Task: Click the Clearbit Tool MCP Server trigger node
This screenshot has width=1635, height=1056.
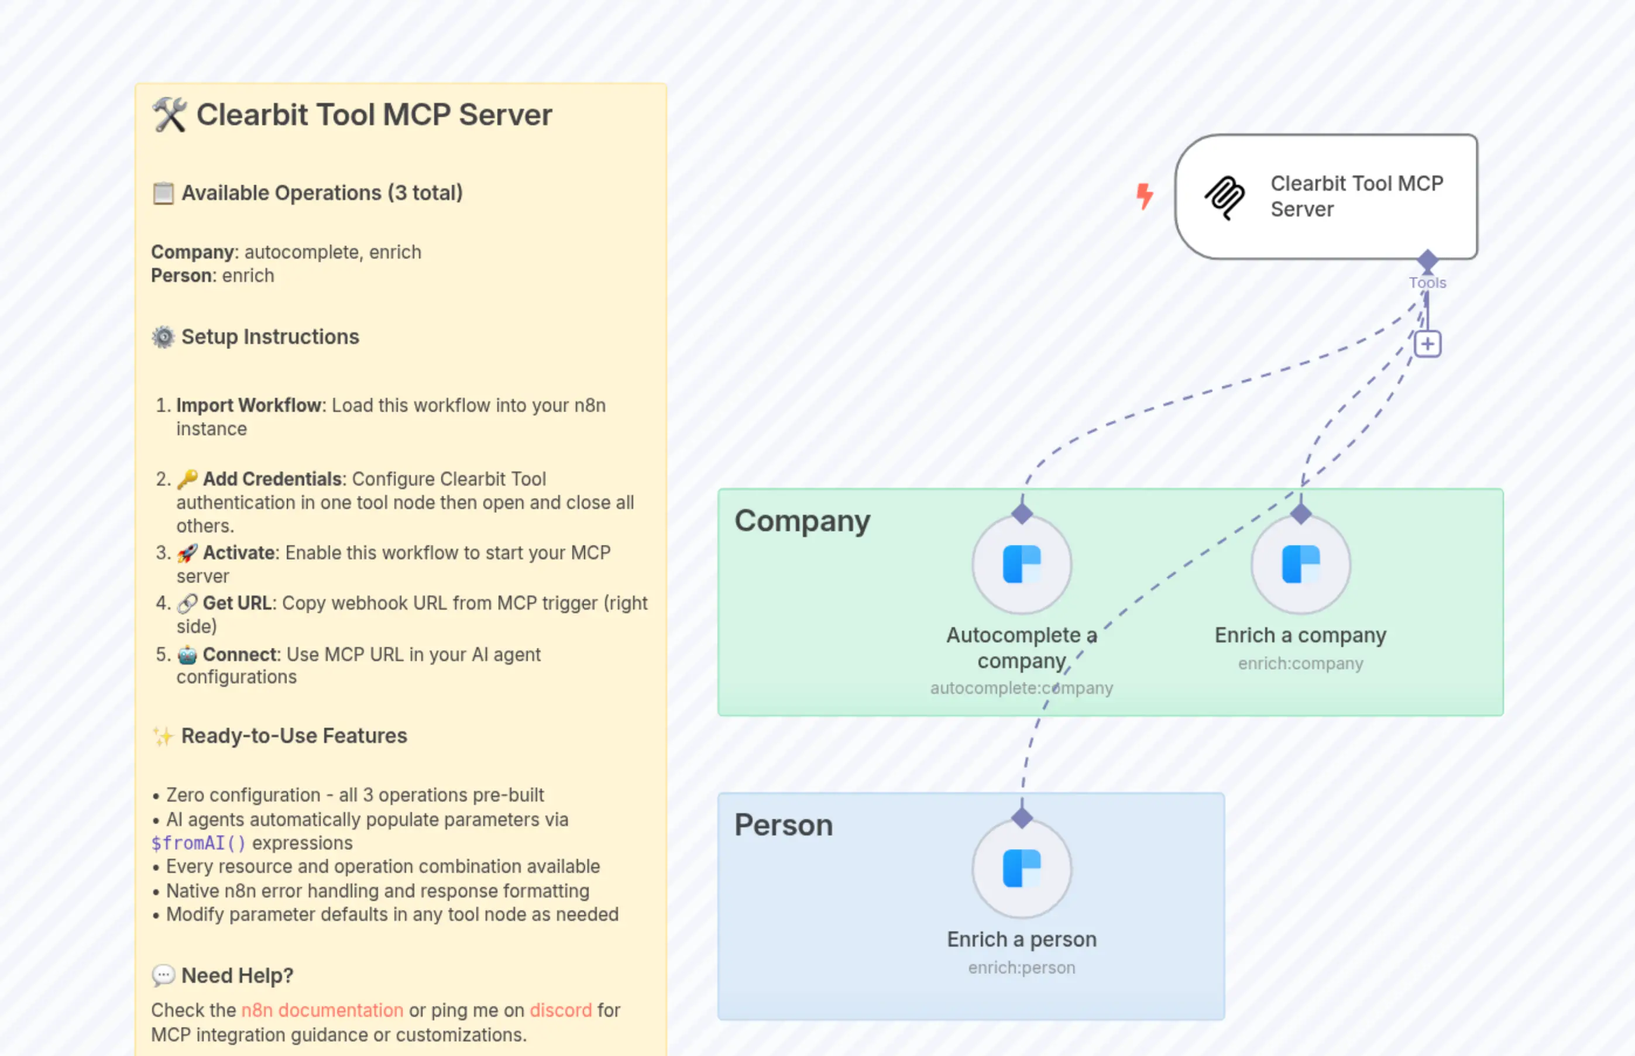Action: pyautogui.click(x=1325, y=197)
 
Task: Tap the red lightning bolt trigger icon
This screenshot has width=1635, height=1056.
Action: pyautogui.click(x=1144, y=196)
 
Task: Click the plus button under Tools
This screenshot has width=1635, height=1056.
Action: pyautogui.click(x=1427, y=344)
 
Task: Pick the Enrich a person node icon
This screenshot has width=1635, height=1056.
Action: pyautogui.click(x=1021, y=869)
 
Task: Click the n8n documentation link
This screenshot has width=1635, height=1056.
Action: pyautogui.click(x=322, y=1010)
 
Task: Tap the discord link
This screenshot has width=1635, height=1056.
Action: pyautogui.click(x=561, y=1010)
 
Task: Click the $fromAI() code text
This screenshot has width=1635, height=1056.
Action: pyautogui.click(x=198, y=842)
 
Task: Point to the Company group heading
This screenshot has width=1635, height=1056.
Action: pyautogui.click(x=802, y=521)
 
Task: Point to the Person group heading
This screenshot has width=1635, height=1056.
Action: pyautogui.click(x=783, y=825)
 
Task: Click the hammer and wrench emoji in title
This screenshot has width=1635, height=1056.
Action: pyautogui.click(x=169, y=115)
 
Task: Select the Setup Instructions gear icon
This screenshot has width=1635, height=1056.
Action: pyautogui.click(x=163, y=338)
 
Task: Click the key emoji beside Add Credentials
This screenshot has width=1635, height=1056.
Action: pyautogui.click(x=187, y=479)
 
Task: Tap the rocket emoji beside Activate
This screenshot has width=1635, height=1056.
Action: pyautogui.click(x=187, y=553)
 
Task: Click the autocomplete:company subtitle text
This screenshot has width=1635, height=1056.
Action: pyautogui.click(x=1021, y=688)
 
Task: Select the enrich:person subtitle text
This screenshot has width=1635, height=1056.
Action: pyautogui.click(x=1021, y=968)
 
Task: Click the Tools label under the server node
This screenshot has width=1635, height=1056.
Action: pyautogui.click(x=1427, y=283)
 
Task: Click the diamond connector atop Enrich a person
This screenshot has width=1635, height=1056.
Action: pyautogui.click(x=1022, y=817)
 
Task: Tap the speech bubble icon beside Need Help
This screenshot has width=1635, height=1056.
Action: pyautogui.click(x=163, y=975)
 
